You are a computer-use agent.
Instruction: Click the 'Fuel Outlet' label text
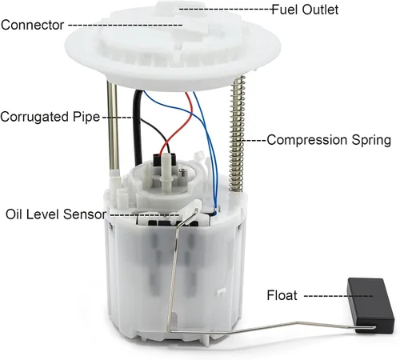click(x=305, y=10)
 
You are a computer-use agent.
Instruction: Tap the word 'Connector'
click(x=33, y=25)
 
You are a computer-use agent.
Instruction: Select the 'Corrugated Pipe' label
click(x=50, y=117)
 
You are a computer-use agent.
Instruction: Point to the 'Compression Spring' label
click(x=329, y=140)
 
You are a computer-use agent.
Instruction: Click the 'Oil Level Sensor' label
click(x=56, y=214)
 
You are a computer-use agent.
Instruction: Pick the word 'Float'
click(x=282, y=295)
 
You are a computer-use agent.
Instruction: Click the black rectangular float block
click(x=370, y=305)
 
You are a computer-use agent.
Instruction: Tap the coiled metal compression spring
click(x=237, y=134)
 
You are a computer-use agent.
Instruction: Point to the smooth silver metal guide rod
click(x=113, y=126)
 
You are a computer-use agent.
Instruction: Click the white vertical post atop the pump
click(x=166, y=174)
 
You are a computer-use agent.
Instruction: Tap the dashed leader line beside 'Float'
click(x=338, y=296)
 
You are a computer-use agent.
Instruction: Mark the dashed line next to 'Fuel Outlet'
click(x=226, y=9)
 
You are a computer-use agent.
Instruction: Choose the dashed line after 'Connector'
click(x=126, y=25)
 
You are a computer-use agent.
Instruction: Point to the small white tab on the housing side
click(x=221, y=291)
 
